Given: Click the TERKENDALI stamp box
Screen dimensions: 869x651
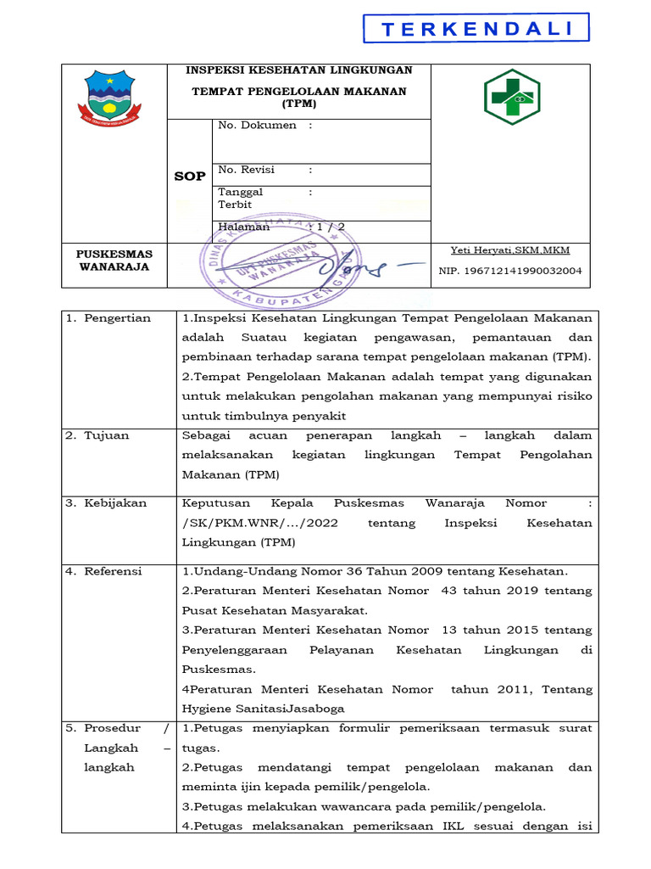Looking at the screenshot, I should [x=476, y=29].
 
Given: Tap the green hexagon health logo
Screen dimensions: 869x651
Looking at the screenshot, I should [x=510, y=96].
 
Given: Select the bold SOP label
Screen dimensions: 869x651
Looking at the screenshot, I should [x=189, y=177].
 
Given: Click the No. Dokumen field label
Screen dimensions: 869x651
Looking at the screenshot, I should [x=258, y=126].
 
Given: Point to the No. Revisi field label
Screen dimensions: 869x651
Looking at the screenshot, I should [x=247, y=170].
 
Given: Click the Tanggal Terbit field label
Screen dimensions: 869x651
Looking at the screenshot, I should [x=241, y=199].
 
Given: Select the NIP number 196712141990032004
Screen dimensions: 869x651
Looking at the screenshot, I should [x=510, y=272].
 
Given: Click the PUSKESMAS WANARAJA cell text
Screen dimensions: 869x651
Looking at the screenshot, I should [x=114, y=260].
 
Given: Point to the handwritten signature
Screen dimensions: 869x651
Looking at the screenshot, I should [x=356, y=267].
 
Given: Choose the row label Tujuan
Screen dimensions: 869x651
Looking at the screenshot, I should [x=106, y=435].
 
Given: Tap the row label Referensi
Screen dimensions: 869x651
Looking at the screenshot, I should [x=113, y=571].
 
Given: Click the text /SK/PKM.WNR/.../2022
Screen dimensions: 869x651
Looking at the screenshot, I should [x=259, y=523].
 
